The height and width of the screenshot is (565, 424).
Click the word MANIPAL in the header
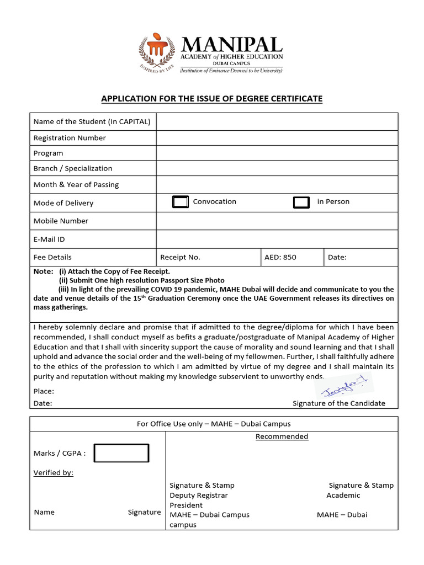coord(232,44)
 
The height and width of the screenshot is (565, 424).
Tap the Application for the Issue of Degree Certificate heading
coord(211,99)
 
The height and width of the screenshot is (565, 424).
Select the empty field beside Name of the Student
coord(277,121)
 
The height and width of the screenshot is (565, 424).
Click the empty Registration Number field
coord(277,138)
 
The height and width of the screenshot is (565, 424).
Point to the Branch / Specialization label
coord(73,168)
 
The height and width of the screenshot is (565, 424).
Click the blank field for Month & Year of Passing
coord(277,184)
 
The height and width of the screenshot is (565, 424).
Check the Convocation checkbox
coord(181,202)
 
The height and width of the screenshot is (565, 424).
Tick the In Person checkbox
coord(301,202)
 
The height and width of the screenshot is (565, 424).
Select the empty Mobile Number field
coord(277,221)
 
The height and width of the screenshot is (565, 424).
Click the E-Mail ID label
coord(49,239)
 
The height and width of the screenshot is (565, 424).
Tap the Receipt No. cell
coord(181,257)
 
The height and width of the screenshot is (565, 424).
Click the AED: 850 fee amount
coord(282,257)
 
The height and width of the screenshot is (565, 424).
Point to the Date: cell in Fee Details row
coord(337,257)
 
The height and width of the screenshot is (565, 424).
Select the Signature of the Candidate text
coord(338,403)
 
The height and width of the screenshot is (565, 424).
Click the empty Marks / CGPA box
coord(121,453)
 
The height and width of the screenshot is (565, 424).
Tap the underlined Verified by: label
coord(54,473)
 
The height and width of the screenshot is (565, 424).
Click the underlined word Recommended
coord(282,436)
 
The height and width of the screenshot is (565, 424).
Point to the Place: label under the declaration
coord(44,391)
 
